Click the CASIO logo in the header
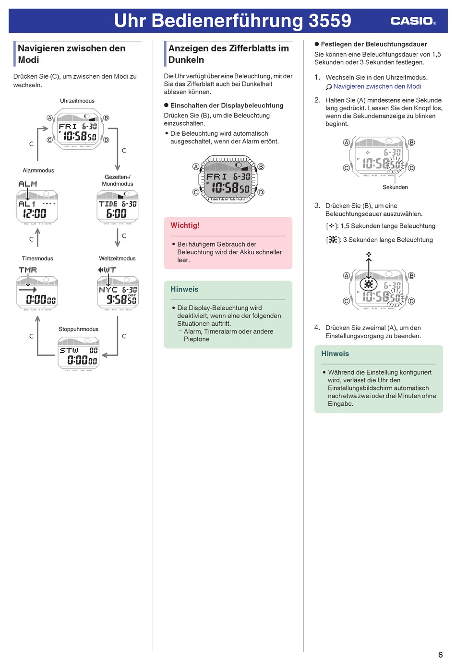click(x=413, y=21)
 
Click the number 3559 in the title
click(x=330, y=21)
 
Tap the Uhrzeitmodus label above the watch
click(x=77, y=101)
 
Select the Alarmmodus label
click(x=38, y=170)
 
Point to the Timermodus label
click(x=37, y=259)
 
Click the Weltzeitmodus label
click(x=117, y=259)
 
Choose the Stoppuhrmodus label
click(x=78, y=329)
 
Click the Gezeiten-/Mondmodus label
click(x=118, y=180)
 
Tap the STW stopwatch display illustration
click(x=78, y=354)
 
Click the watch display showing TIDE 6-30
click(x=118, y=207)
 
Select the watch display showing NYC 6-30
click(x=118, y=293)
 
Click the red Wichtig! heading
click(x=185, y=225)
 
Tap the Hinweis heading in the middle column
click(x=184, y=289)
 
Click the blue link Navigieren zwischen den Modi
click(x=377, y=86)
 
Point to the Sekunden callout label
click(x=395, y=187)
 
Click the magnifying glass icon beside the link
click(x=328, y=87)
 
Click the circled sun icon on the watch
click(x=369, y=284)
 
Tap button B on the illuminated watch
click(x=261, y=166)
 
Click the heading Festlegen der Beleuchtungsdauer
click(x=371, y=44)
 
